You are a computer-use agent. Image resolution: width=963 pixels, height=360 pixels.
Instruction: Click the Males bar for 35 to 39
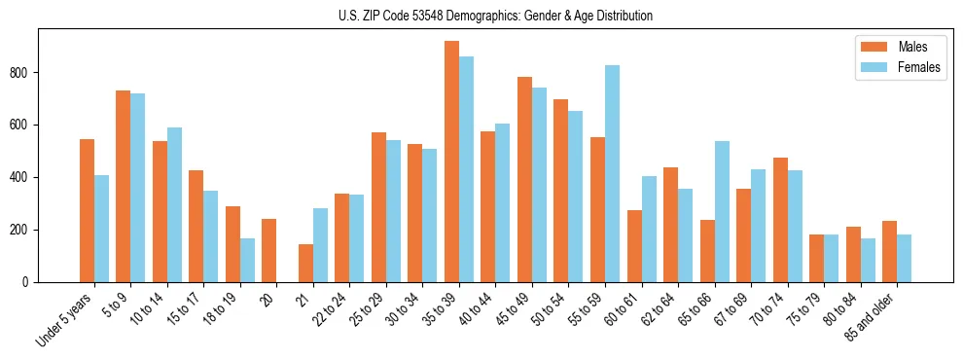click(x=451, y=162)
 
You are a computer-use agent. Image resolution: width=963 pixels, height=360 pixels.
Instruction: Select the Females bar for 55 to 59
click(x=612, y=174)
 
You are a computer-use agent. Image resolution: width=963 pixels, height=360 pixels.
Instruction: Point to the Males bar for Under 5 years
click(x=88, y=211)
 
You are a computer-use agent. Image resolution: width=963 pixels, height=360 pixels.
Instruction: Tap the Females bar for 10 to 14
click(x=174, y=205)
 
